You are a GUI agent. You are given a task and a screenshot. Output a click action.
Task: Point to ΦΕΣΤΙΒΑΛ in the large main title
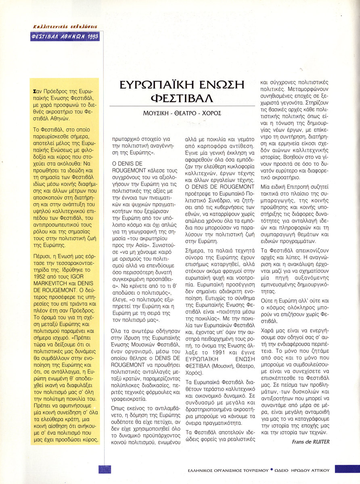tap(182, 98)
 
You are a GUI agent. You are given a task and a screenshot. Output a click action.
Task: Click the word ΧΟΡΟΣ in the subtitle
tap(211, 113)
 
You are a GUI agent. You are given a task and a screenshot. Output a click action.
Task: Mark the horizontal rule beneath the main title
tap(182, 106)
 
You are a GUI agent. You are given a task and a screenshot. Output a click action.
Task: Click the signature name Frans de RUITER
tap(310, 441)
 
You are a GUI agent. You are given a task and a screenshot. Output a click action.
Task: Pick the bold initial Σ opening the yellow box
tap(36, 92)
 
